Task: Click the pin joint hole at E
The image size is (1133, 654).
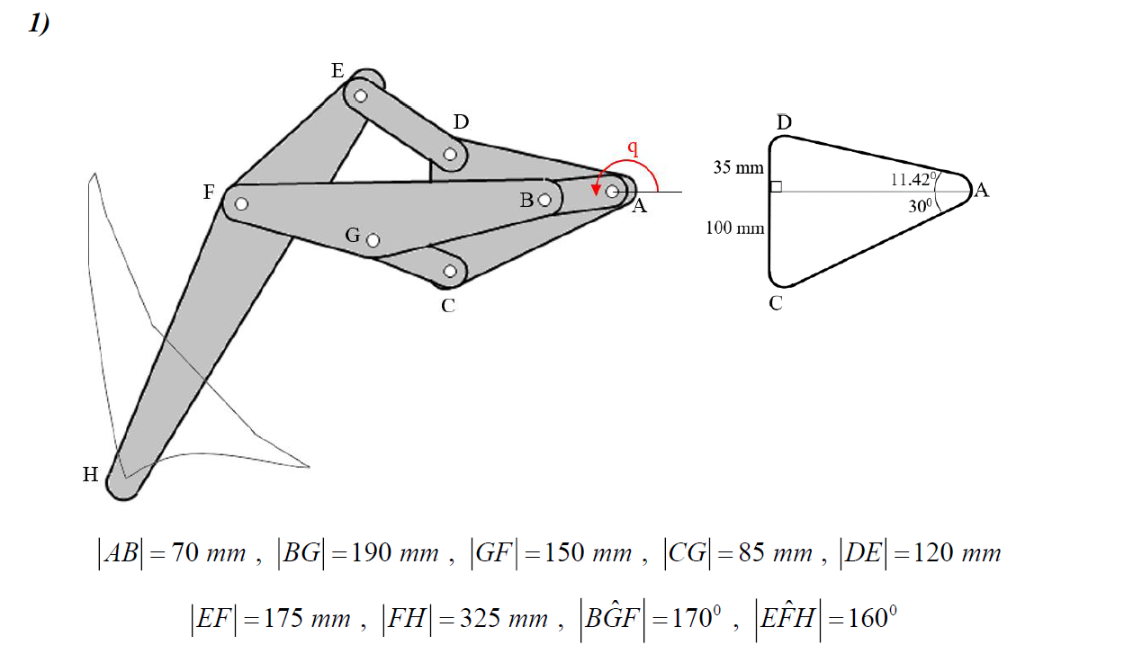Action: [361, 95]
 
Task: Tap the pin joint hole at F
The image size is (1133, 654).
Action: [241, 203]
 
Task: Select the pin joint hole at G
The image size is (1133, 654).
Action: [373, 240]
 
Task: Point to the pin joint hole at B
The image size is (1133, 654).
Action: [544, 200]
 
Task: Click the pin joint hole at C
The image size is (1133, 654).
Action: [451, 271]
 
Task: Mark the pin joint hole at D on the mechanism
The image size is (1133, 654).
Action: [451, 154]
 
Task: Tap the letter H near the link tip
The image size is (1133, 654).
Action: [91, 475]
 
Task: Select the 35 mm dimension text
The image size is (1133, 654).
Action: [738, 167]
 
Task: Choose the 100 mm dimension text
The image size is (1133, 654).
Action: [735, 228]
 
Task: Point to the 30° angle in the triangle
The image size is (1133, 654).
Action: [919, 206]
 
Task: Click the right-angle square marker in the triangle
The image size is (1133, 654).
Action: [776, 187]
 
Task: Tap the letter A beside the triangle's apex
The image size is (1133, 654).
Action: [982, 191]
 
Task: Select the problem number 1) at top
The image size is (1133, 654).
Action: [39, 24]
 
